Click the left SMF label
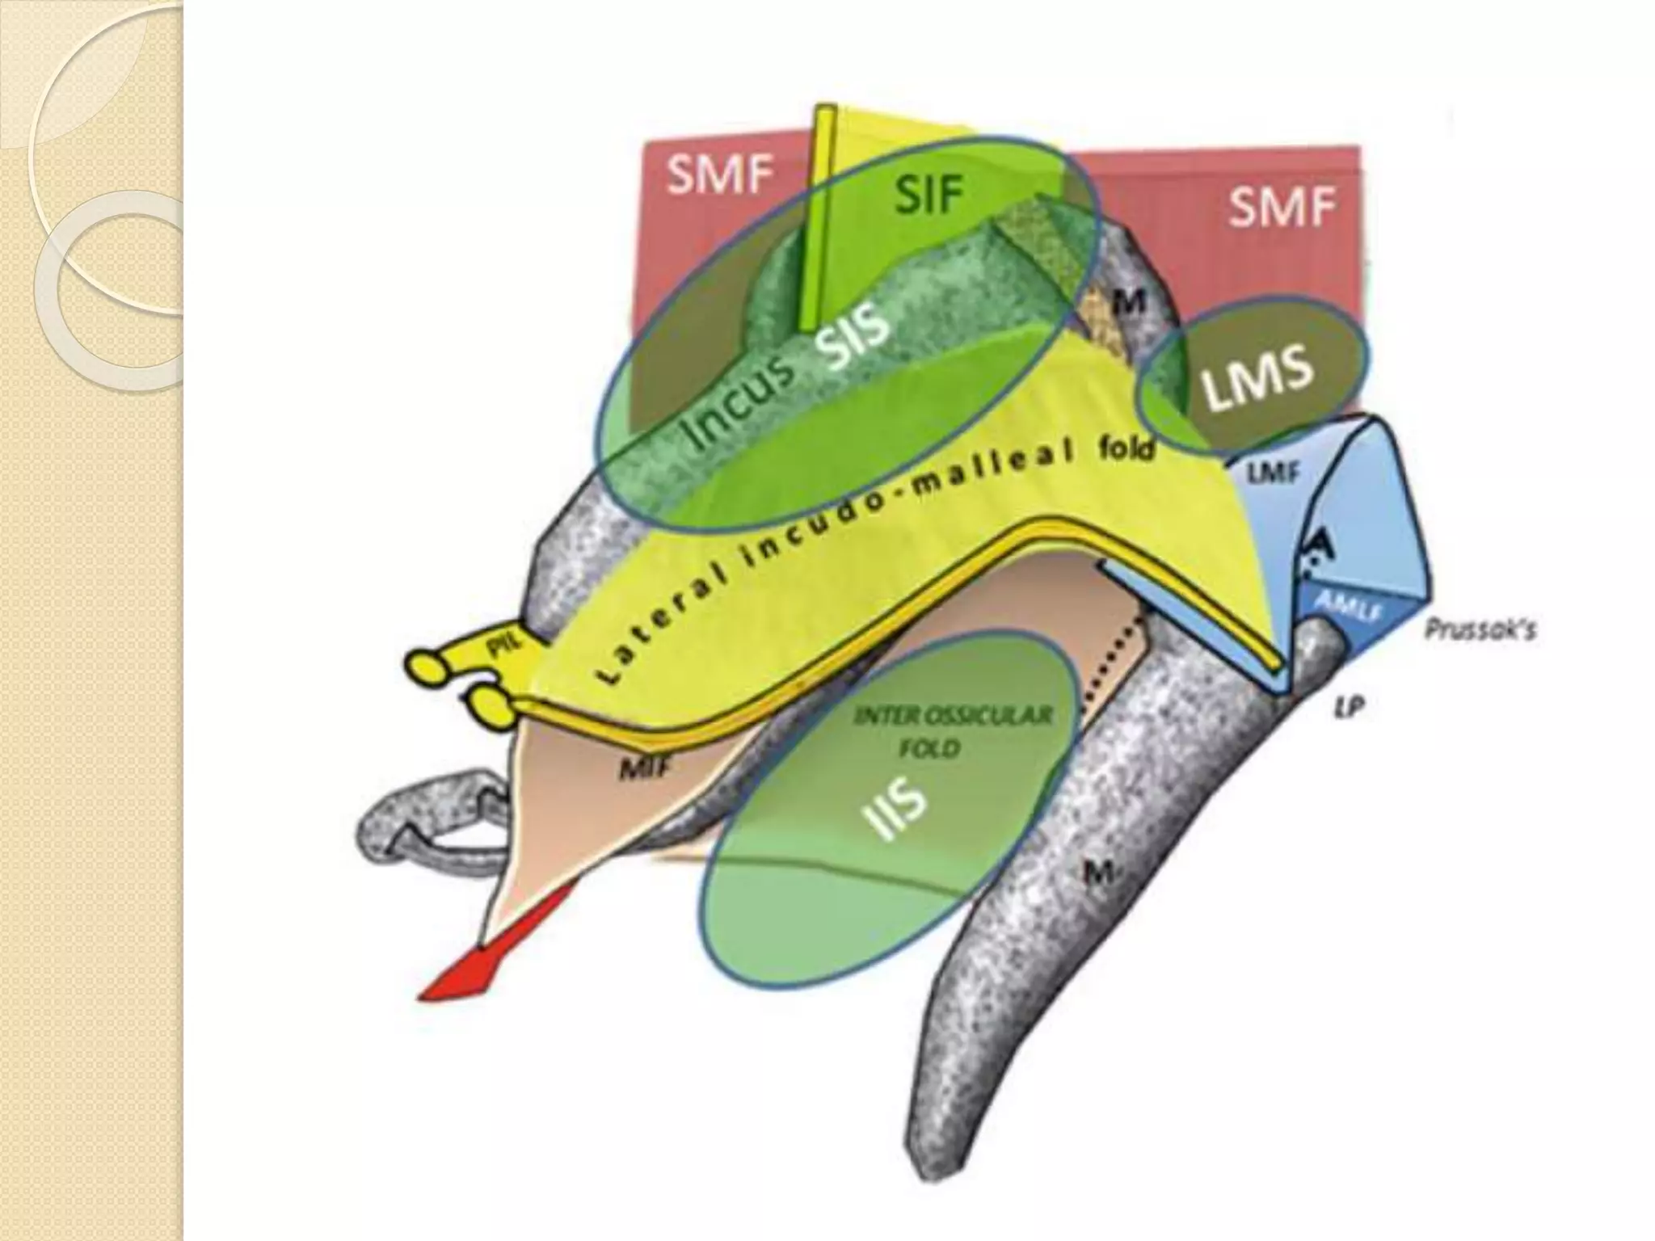pyautogui.click(x=720, y=177)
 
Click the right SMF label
pyautogui.click(x=1282, y=208)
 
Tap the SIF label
pyautogui.click(x=930, y=195)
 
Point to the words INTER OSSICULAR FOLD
pyautogui.click(x=953, y=732)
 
